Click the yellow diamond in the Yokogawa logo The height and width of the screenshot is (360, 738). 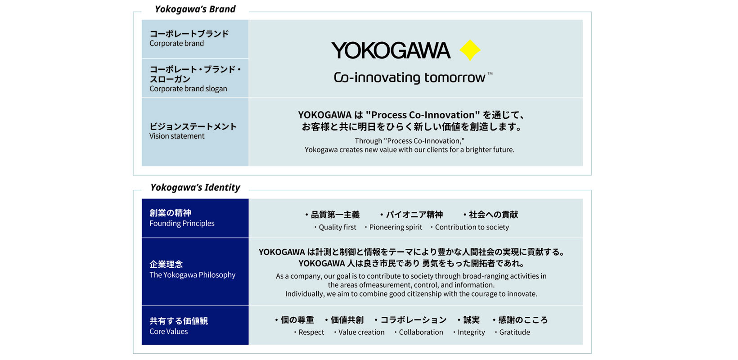(470, 50)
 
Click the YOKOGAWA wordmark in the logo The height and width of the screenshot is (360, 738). (391, 50)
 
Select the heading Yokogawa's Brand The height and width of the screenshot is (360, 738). (195, 9)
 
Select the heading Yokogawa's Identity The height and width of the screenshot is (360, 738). (195, 187)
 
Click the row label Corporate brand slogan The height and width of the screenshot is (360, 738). (188, 89)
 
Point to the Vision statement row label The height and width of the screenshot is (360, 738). (177, 136)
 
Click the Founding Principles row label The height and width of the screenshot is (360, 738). (182, 223)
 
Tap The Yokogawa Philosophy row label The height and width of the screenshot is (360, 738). (193, 274)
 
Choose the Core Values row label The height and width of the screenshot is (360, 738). (169, 331)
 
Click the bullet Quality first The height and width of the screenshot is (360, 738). (337, 227)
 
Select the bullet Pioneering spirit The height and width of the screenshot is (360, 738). (396, 227)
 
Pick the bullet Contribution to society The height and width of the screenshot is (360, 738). (472, 227)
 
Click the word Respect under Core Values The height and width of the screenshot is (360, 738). (311, 333)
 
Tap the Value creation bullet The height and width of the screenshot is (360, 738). (361, 333)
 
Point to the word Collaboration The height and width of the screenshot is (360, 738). (421, 333)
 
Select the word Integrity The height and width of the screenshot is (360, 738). (471, 333)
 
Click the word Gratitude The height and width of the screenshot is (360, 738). (515, 333)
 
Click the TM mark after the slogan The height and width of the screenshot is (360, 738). (490, 73)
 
